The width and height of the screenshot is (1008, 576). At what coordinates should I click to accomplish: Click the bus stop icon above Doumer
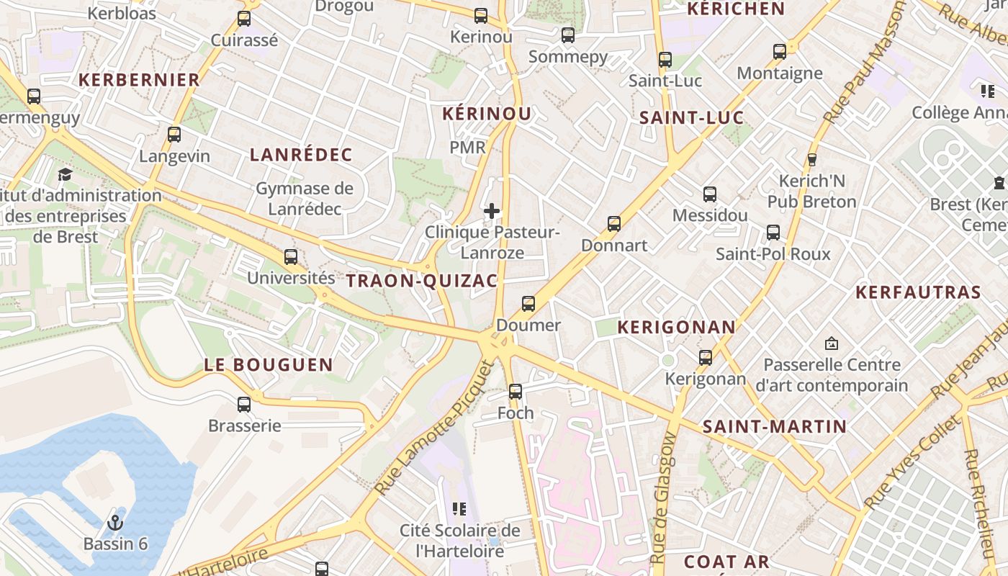tap(528, 304)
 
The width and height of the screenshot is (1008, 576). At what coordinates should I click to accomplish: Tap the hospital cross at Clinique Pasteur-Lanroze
tap(492, 211)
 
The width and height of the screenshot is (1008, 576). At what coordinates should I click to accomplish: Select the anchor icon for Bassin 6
tap(115, 523)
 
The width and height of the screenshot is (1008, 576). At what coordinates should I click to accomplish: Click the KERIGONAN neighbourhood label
tap(677, 328)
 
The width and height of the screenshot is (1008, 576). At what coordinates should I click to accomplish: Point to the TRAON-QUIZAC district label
tap(422, 281)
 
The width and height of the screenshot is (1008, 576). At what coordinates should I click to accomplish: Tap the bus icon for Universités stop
tap(291, 257)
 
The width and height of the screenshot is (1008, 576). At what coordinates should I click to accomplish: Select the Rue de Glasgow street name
tap(663, 497)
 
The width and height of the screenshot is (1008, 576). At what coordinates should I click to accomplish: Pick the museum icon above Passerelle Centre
tap(832, 343)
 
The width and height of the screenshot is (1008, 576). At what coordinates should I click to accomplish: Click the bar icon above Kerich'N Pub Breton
tap(812, 159)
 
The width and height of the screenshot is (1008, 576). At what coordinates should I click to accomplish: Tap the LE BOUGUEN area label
tap(269, 365)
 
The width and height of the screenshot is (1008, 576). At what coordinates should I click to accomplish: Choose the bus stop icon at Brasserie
tap(244, 405)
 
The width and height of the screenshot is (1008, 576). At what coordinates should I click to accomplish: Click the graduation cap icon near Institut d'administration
tap(66, 175)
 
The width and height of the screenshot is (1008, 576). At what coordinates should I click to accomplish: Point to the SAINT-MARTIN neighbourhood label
tap(775, 427)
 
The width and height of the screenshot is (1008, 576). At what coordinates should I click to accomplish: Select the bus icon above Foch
tap(516, 392)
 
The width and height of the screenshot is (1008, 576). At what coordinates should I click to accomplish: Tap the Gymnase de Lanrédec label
tap(305, 199)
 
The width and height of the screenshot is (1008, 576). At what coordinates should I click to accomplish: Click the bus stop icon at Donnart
tap(614, 224)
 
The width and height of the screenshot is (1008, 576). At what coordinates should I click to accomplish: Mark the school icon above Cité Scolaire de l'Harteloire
tap(459, 510)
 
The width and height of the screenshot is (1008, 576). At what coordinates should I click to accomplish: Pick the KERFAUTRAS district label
tap(918, 292)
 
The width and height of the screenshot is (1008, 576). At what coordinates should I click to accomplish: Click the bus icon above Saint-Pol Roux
tap(773, 233)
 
